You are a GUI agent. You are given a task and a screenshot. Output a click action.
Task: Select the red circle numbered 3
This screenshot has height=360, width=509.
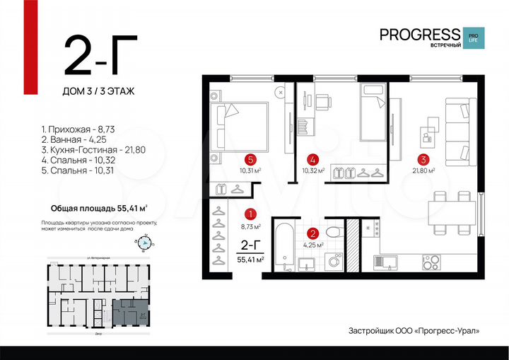[423, 159]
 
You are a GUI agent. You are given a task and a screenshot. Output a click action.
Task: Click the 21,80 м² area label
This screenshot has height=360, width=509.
[423, 170]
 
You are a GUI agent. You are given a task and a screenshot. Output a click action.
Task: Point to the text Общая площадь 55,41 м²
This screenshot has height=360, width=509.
[99, 209]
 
